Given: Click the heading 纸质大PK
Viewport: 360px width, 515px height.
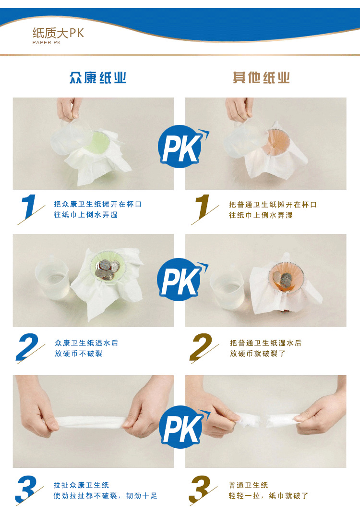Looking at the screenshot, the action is click(x=58, y=33).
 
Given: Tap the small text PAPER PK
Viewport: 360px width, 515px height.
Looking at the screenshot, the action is click(x=47, y=43).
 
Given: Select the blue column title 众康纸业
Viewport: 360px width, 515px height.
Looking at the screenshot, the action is click(x=97, y=78).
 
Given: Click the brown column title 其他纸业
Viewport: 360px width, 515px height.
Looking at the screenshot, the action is click(x=261, y=78).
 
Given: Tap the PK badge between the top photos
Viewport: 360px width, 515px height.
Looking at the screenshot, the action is click(x=182, y=147).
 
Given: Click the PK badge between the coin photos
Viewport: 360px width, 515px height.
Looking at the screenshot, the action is click(x=181, y=280).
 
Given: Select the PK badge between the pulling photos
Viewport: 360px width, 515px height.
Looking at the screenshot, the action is click(x=182, y=427).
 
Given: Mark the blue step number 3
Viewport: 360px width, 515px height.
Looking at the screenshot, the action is click(x=28, y=489).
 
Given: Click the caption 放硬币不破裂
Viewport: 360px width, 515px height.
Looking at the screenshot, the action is click(x=78, y=354).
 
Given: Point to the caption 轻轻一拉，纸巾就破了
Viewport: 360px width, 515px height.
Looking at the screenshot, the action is click(x=268, y=496).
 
